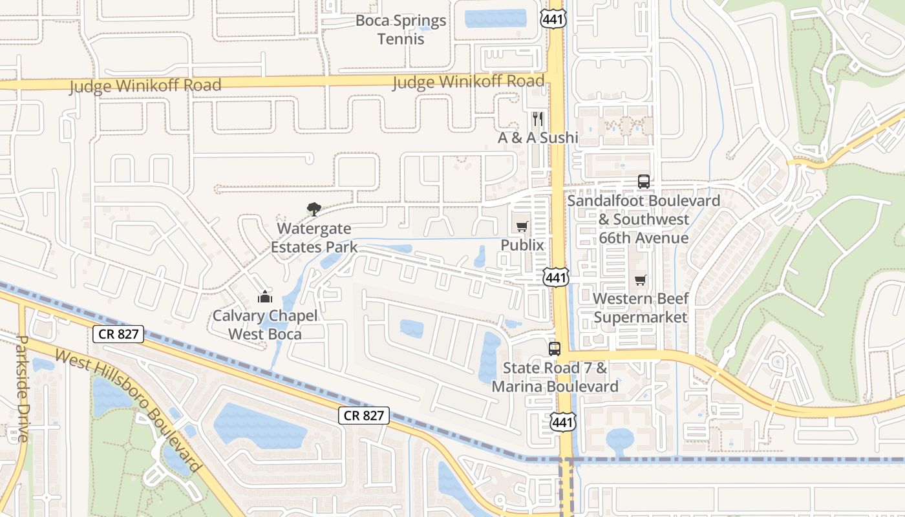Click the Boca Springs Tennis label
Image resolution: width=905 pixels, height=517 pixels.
coord(401,30)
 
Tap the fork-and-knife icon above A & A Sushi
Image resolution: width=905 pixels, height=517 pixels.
coord(537,119)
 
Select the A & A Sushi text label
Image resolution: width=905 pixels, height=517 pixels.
coord(538,138)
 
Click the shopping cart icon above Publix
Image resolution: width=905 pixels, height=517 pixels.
coord(522,226)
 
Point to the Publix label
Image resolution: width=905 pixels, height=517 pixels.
coord(522,246)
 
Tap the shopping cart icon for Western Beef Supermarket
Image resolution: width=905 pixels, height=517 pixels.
coord(640,280)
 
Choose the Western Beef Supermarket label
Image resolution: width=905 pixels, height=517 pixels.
coord(641,308)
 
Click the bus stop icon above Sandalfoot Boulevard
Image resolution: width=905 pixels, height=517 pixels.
coord(644,182)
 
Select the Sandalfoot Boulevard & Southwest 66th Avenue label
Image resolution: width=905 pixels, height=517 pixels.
coord(643,220)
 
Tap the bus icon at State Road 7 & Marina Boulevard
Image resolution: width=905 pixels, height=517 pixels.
coord(555,349)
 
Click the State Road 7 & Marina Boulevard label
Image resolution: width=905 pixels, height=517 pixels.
coord(555,377)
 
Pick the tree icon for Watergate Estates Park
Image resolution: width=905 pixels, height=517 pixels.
coord(314,209)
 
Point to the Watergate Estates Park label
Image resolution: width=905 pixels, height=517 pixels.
coord(314,238)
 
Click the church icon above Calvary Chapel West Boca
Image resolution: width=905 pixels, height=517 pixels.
coord(265,297)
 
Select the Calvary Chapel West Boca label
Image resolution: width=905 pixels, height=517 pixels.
coord(265,325)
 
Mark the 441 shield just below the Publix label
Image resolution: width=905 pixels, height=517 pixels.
coord(555,278)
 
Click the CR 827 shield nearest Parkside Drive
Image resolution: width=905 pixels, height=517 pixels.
coord(118,334)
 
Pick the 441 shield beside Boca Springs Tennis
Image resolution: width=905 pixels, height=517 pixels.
coord(554,19)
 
